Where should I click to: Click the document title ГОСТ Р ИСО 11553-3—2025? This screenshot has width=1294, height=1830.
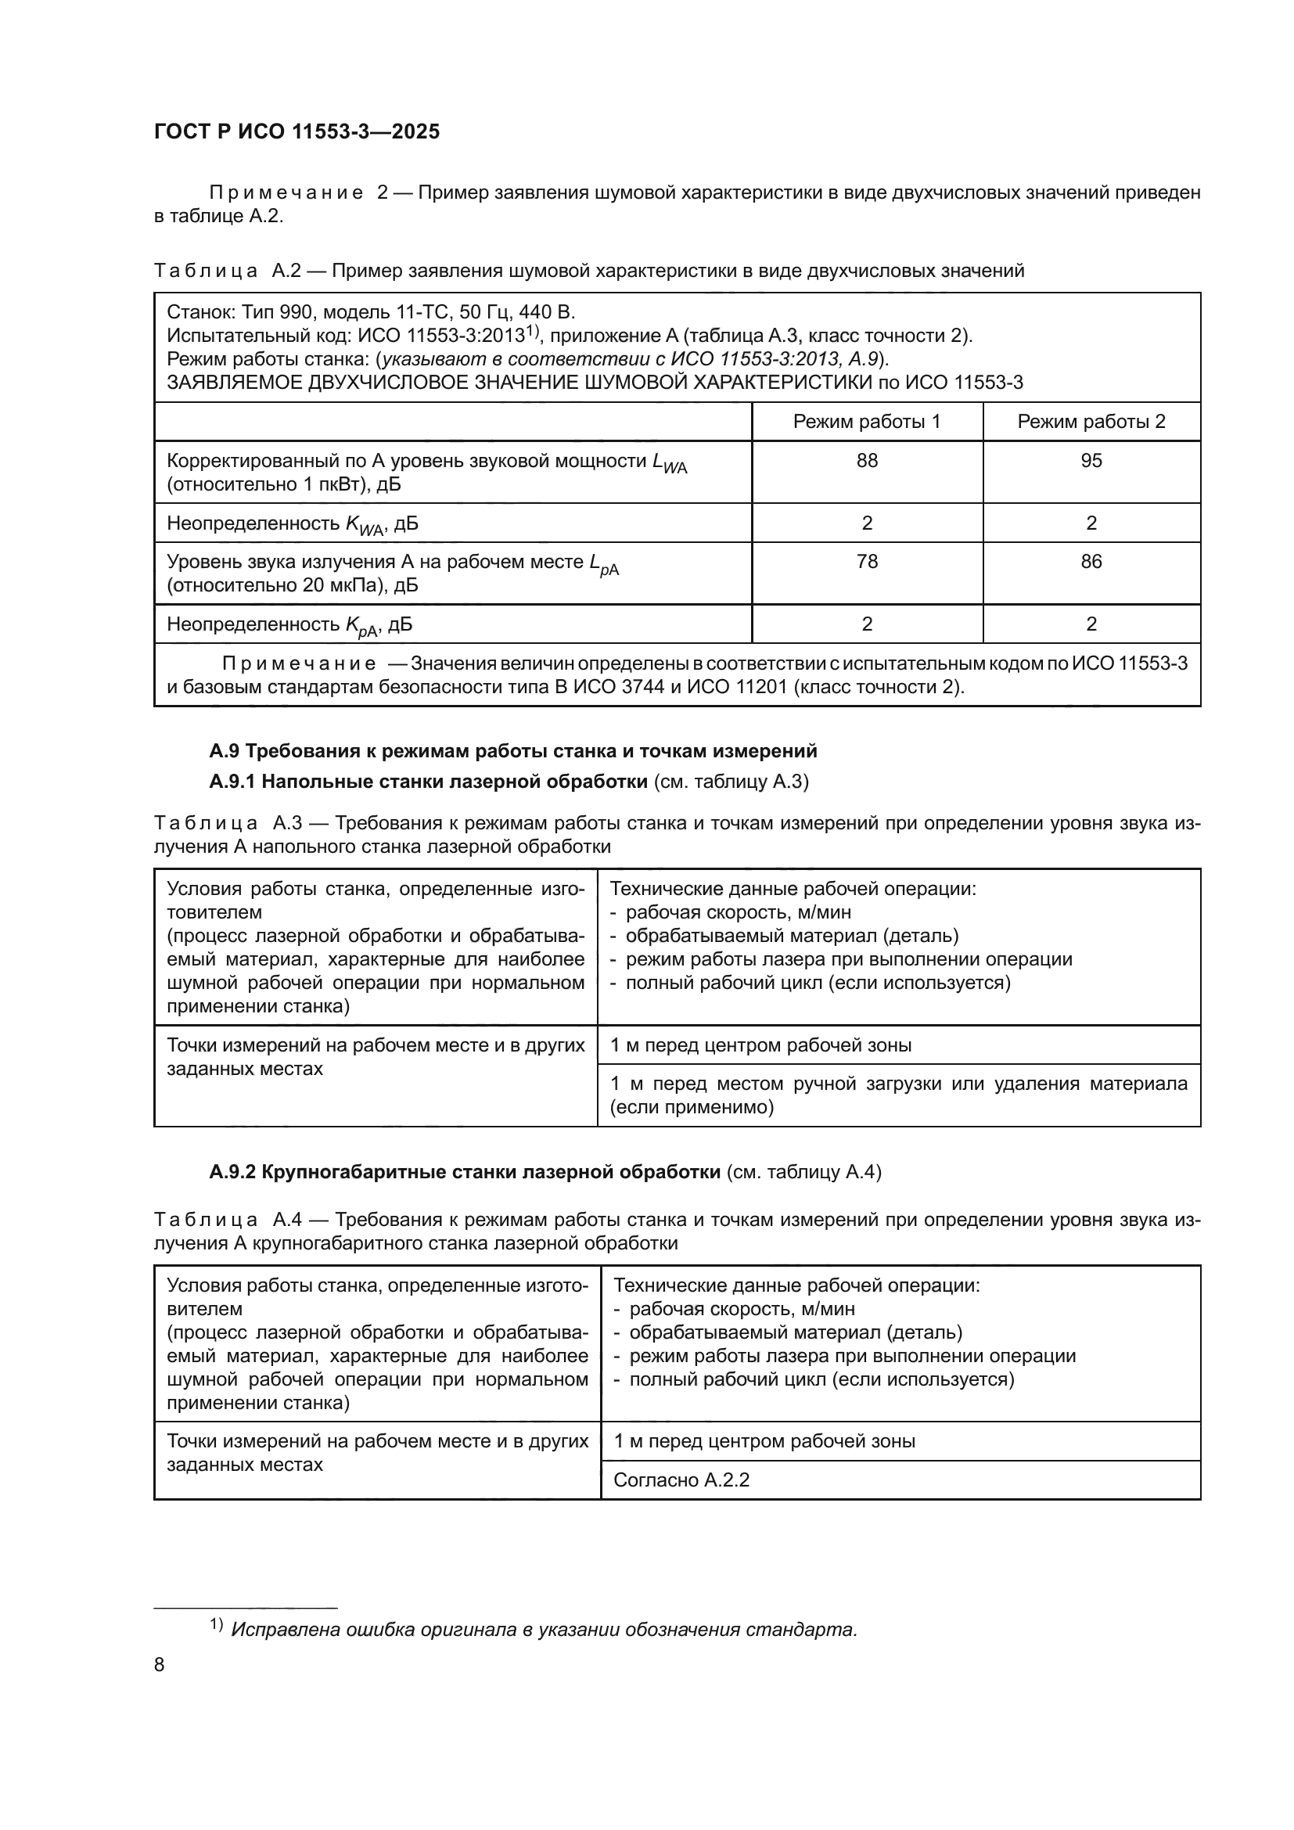pyautogui.click(x=297, y=131)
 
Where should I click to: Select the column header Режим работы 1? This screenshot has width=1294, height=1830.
pyautogui.click(x=866, y=422)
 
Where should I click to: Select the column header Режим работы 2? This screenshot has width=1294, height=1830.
pyautogui.click(x=1091, y=422)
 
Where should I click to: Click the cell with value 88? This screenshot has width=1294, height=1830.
pyautogui.click(x=866, y=461)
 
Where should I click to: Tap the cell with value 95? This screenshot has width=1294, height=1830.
pyautogui.click(x=1091, y=461)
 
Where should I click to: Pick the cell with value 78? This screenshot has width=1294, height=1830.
pyautogui.click(x=866, y=562)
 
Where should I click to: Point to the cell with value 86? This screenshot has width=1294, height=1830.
pyautogui.click(x=1091, y=562)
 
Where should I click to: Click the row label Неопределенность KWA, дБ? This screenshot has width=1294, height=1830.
pyautogui.click(x=292, y=523)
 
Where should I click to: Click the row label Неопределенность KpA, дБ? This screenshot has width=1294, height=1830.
pyautogui.click(x=289, y=625)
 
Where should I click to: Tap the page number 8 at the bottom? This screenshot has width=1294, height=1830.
pyautogui.click(x=160, y=1665)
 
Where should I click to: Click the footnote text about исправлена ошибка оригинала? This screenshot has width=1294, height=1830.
pyautogui.click(x=544, y=1630)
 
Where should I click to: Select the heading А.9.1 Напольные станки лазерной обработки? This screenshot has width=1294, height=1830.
pyautogui.click(x=428, y=782)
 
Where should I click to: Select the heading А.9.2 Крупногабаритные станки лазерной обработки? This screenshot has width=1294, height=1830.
pyautogui.click(x=465, y=1173)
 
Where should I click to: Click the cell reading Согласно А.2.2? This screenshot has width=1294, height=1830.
pyautogui.click(x=681, y=1481)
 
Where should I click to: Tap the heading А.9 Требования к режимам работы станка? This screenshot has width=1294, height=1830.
pyautogui.click(x=513, y=751)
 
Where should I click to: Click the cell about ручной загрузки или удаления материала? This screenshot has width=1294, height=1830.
pyautogui.click(x=898, y=1095)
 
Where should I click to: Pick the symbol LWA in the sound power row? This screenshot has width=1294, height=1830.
pyautogui.click(x=668, y=463)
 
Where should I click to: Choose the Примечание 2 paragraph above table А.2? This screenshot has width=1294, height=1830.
pyautogui.click(x=678, y=204)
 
